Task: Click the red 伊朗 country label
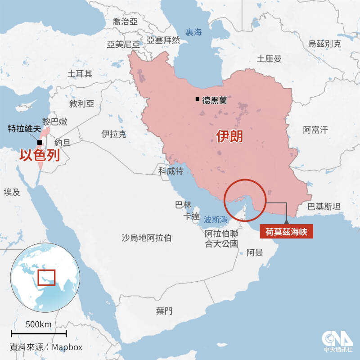tap(229, 136)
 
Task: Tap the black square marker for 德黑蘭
tap(197, 99)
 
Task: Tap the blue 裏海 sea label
tap(194, 32)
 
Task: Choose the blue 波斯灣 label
tap(215, 219)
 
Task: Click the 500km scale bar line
tap(39, 333)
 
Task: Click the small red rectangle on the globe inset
tap(46, 277)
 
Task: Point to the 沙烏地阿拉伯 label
tap(147, 238)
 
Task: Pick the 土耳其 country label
tap(80, 73)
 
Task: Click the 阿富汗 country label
tap(315, 130)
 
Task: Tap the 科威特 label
tap(171, 171)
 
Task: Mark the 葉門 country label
tap(164, 310)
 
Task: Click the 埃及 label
tap(12, 192)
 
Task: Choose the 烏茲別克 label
tap(324, 44)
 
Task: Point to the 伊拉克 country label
tap(114, 134)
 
